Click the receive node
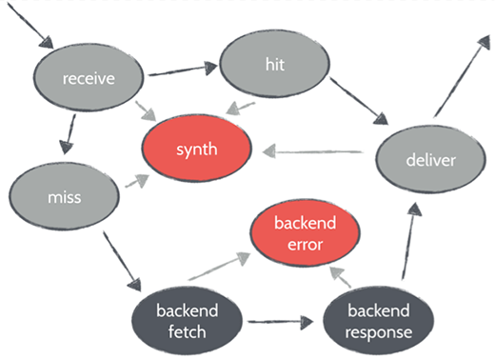pyautogui.click(x=89, y=77)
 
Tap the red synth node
pyautogui.click(x=197, y=149)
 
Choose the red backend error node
pyautogui.click(x=302, y=234)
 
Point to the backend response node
pyautogui.click(x=379, y=321)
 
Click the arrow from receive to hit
pyautogui.click(x=182, y=69)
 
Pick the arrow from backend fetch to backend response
pyautogui.click(x=280, y=323)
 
